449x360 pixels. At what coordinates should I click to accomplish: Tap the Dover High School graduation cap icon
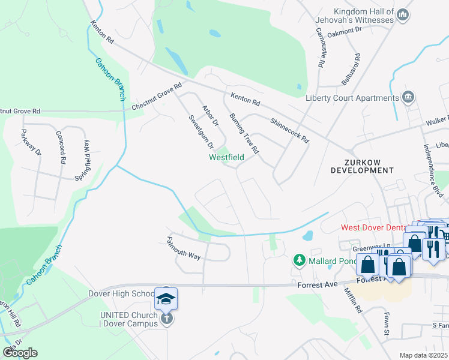tap(166, 298)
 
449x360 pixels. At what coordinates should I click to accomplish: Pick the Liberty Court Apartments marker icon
tap(408, 97)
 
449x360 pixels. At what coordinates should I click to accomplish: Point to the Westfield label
tap(226, 158)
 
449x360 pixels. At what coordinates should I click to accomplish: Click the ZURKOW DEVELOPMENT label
tap(362, 166)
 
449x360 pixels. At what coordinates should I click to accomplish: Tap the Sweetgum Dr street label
tap(201, 132)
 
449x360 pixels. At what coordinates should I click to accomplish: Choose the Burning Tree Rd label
tap(244, 133)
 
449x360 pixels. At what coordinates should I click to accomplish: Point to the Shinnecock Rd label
tap(289, 130)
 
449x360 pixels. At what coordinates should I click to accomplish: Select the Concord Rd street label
tap(61, 148)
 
